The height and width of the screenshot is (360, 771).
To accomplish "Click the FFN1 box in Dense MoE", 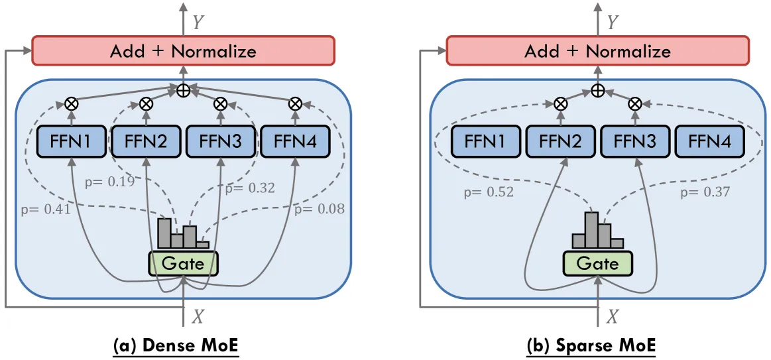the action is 72,142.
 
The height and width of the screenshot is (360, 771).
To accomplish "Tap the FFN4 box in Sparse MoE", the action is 710,142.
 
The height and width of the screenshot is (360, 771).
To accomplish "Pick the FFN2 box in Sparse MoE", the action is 560,142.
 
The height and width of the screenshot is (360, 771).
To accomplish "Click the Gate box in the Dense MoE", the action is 183,264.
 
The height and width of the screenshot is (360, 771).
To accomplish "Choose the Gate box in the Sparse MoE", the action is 598,264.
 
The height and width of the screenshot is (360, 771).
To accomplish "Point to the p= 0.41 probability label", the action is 46,210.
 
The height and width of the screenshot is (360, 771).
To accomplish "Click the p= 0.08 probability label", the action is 320,210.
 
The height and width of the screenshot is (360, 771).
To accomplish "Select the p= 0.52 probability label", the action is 489,192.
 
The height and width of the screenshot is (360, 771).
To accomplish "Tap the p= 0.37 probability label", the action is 705,192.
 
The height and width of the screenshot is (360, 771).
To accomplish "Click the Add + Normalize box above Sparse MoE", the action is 597,50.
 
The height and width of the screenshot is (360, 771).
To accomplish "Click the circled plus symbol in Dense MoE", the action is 184,90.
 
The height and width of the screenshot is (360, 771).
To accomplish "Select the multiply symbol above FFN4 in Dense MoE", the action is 295,103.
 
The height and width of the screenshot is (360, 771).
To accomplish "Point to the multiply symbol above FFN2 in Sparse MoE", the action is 560,103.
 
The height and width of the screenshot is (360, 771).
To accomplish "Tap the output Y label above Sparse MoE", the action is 612,22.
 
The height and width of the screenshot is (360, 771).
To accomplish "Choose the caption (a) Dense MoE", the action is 176,345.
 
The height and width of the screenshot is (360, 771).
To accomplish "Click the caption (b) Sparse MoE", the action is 591,345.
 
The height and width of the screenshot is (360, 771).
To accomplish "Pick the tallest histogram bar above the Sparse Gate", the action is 591,229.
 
